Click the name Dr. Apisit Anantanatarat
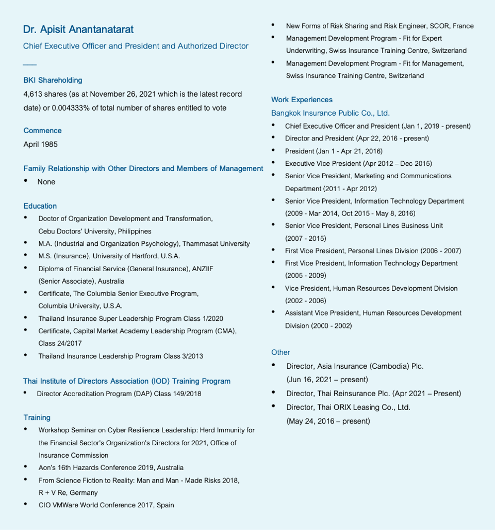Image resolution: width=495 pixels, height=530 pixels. pyautogui.click(x=78, y=29)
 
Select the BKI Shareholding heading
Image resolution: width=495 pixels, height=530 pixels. pyautogui.click(x=53, y=80)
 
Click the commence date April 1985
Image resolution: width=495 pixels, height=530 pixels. pyautogui.click(x=41, y=144)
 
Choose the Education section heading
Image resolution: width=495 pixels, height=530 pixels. pyautogui.click(x=40, y=206)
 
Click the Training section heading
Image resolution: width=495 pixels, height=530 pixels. pyautogui.click(x=37, y=417)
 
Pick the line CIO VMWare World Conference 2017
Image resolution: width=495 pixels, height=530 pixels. pyautogui.click(x=106, y=505)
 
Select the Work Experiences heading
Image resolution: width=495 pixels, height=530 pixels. pyautogui.click(x=302, y=100)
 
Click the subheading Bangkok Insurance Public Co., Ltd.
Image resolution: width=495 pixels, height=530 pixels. pyautogui.click(x=331, y=113)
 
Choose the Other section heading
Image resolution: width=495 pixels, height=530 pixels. pyautogui.click(x=280, y=352)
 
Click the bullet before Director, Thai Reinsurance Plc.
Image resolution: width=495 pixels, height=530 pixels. pyautogui.click(x=273, y=393)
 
